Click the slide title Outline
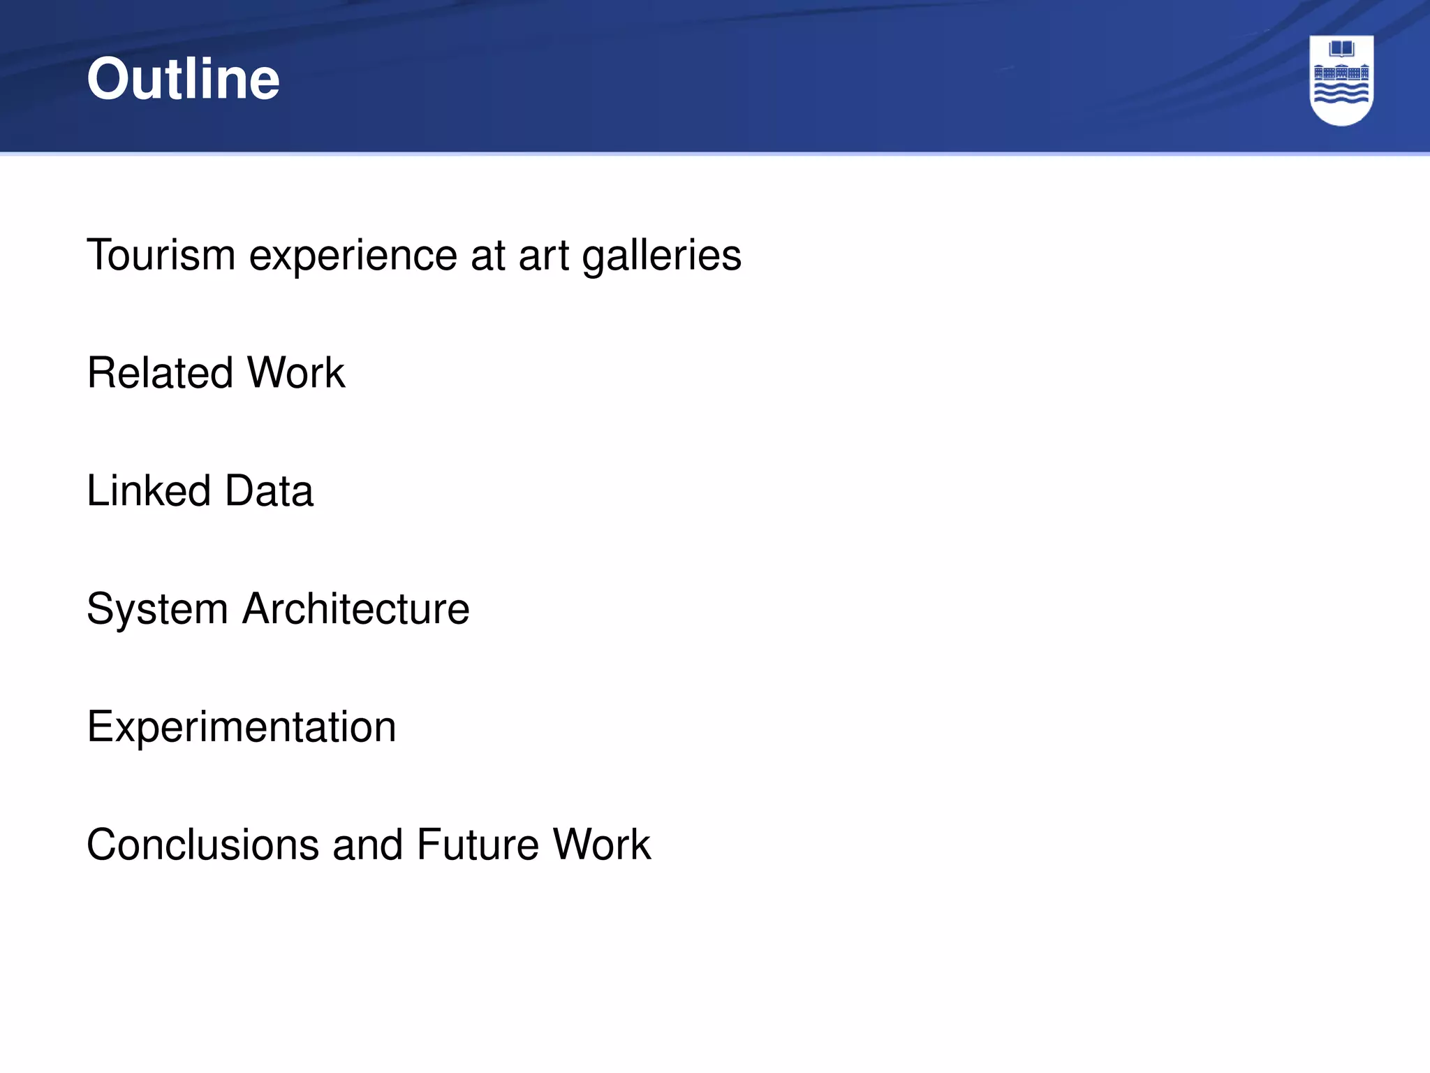click(183, 78)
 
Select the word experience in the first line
click(353, 256)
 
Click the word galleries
click(661, 256)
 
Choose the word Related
click(160, 372)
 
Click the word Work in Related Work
click(296, 372)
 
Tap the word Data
click(269, 490)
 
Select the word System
click(157, 609)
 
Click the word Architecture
click(356, 608)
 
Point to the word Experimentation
click(242, 727)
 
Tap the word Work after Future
click(602, 844)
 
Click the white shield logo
click(1341, 80)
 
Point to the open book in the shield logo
click(1341, 49)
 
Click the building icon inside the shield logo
click(1341, 73)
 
